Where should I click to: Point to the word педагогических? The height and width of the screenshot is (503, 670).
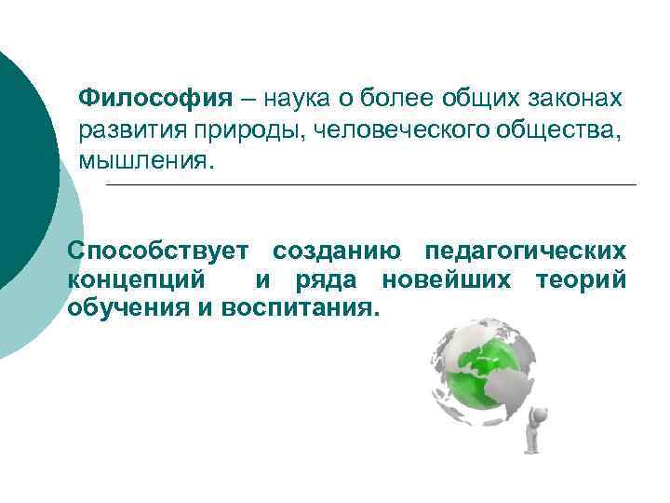[x=525, y=251]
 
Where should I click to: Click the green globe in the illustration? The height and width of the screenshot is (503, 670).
[x=480, y=369]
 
